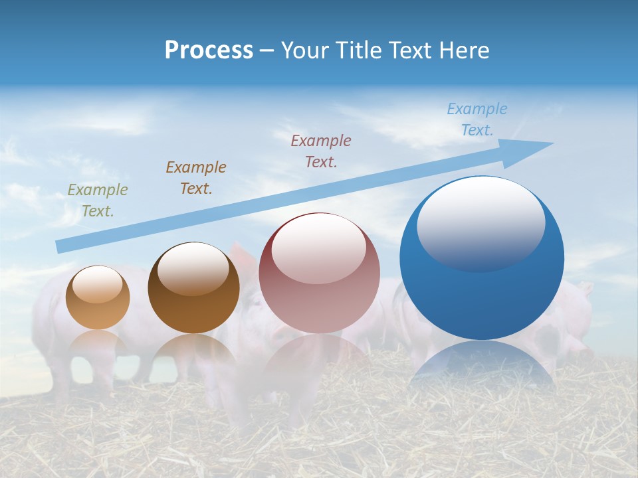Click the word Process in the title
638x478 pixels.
[209, 50]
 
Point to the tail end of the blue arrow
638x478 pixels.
[60, 246]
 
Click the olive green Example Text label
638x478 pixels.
[98, 200]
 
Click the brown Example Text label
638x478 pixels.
[196, 178]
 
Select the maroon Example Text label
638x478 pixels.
[321, 151]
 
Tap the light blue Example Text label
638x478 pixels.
[477, 119]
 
